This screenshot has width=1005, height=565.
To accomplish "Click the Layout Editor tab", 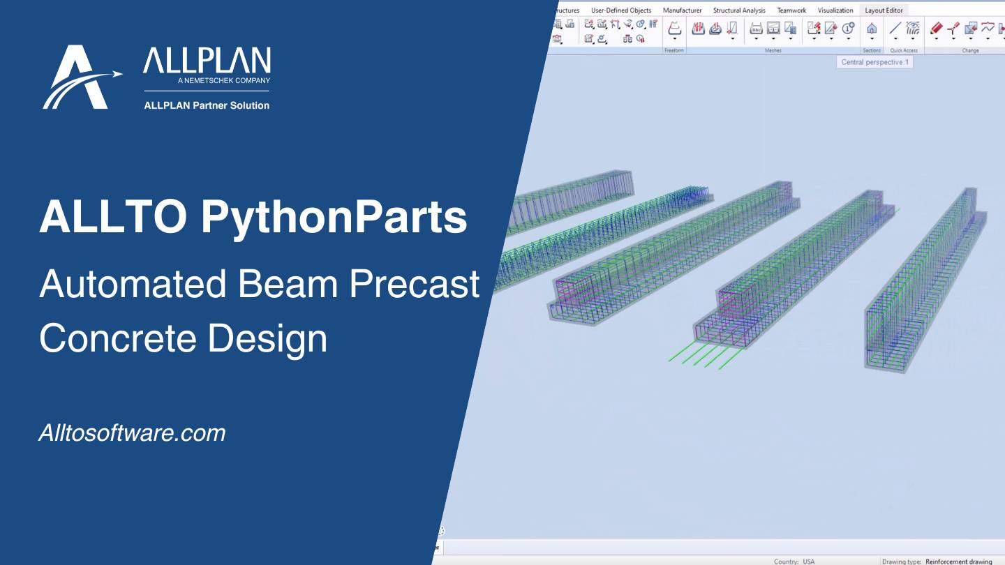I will [884, 10].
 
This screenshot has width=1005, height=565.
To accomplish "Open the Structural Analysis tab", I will [738, 10].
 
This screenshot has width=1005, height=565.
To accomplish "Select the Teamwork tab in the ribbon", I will [791, 10].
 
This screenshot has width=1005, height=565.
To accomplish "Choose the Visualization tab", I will [835, 10].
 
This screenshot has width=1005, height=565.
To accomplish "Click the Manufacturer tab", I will [682, 10].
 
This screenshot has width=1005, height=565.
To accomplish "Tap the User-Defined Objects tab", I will [620, 10].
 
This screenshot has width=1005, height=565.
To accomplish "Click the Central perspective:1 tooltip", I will [874, 62].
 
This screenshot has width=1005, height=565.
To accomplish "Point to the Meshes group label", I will [773, 51].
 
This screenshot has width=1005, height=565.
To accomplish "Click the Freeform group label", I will [674, 51].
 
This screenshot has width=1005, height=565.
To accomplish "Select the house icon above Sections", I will [872, 29].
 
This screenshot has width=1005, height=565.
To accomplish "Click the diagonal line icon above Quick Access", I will [895, 29].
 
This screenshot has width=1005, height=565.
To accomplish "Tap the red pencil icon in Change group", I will [936, 29].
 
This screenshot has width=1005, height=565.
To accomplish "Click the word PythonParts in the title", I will [334, 218].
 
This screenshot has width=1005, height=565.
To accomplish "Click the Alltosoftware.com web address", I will [132, 433].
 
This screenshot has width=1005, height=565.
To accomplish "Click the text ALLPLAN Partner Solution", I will [207, 106].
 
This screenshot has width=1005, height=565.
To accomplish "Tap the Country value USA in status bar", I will [808, 562].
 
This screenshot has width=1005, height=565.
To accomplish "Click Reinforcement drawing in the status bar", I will [958, 562].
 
